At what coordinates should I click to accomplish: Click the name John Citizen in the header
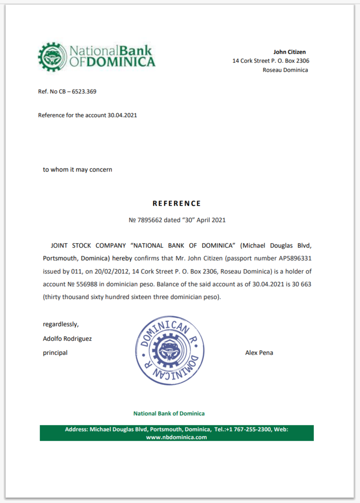point(289,52)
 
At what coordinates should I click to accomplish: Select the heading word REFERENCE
point(176,203)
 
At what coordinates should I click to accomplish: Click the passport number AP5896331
point(292,259)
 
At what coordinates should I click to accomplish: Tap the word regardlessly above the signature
point(61,325)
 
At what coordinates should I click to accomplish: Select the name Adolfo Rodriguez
point(67,339)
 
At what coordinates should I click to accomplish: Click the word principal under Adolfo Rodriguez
point(55,352)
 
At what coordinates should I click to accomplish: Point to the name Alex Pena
point(259,352)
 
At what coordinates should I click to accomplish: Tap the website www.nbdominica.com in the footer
point(176,437)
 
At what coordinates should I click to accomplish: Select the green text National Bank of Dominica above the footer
point(169,413)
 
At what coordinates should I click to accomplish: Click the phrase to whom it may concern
point(77,170)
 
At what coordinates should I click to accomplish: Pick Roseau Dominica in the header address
point(285,70)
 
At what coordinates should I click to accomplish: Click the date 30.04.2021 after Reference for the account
point(122,115)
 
